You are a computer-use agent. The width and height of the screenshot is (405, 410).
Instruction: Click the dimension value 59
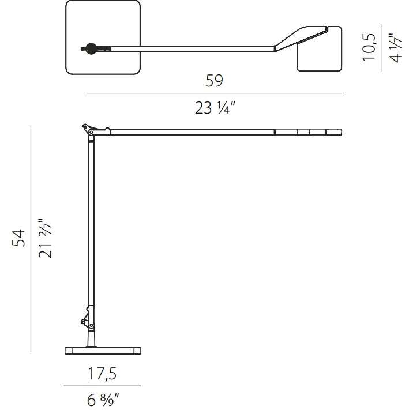click(214, 81)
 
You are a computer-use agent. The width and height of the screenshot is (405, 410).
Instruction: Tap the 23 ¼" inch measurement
click(215, 108)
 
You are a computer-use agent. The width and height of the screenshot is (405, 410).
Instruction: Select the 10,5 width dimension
click(369, 47)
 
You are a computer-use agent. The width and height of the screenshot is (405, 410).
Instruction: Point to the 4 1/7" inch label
click(396, 48)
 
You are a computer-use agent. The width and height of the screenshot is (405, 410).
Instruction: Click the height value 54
click(18, 238)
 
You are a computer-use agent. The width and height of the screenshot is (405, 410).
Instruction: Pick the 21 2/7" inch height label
click(45, 238)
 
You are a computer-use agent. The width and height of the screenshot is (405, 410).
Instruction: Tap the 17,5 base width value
click(102, 374)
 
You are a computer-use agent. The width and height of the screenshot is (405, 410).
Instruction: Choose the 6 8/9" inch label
click(103, 400)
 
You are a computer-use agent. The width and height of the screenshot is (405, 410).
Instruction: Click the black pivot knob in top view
click(91, 48)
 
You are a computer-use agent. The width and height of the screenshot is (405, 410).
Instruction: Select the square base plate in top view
click(103, 37)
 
